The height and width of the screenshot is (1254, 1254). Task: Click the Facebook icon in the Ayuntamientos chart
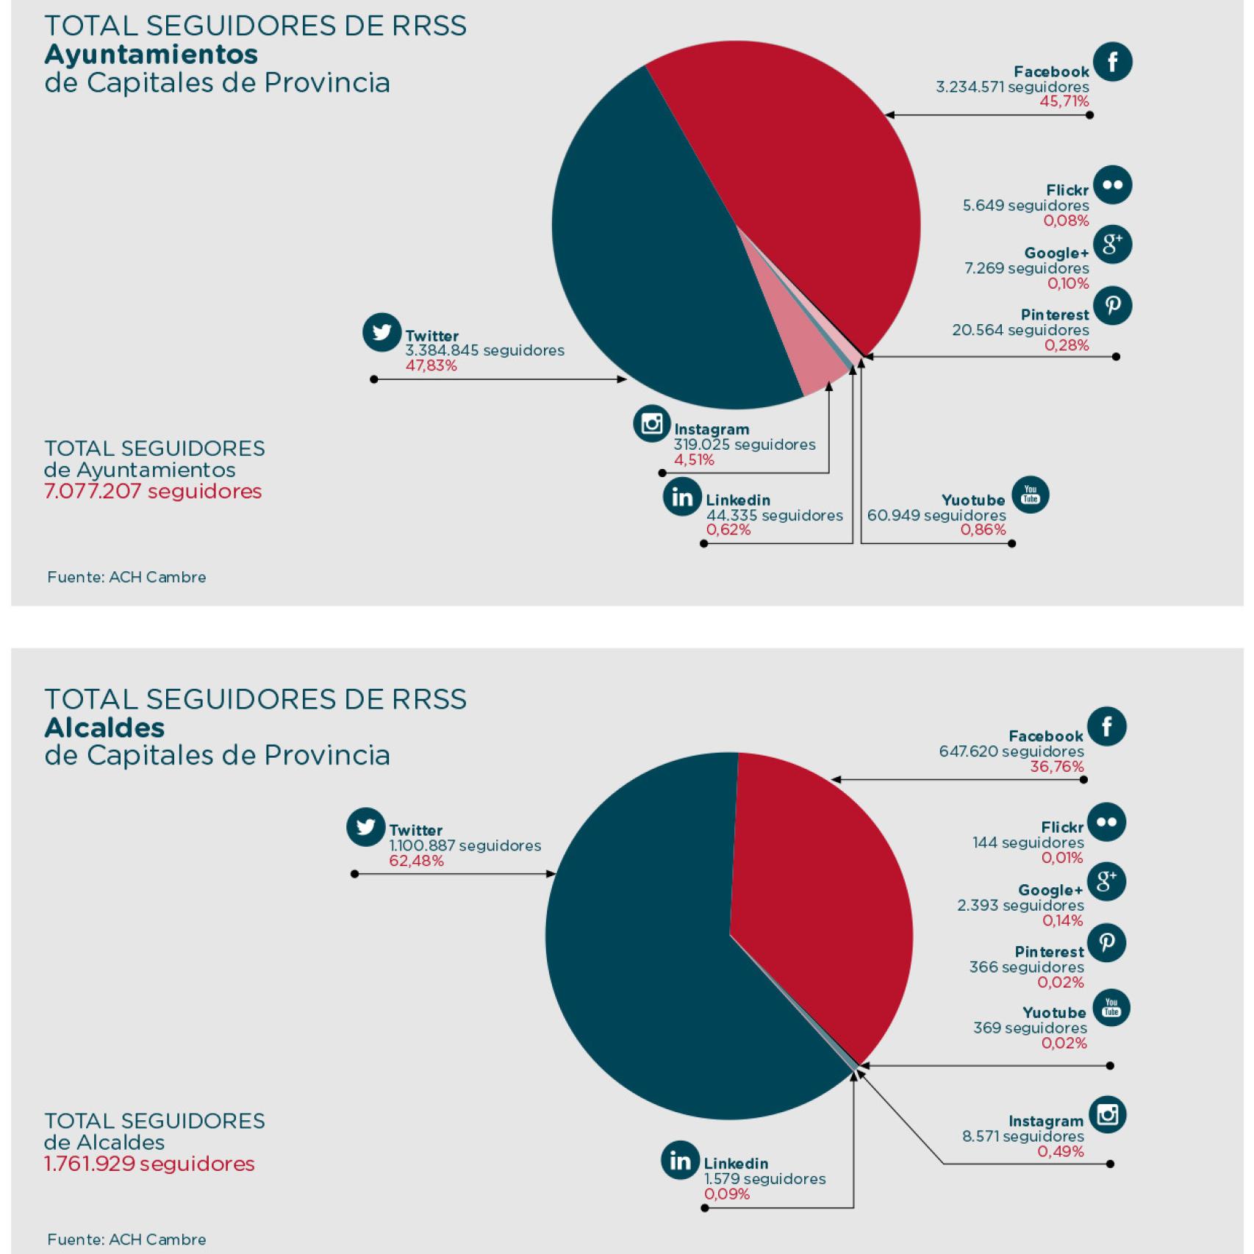click(x=1112, y=62)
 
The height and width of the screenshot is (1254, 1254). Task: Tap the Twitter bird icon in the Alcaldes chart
click(x=366, y=828)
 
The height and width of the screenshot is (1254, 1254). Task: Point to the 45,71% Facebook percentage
click(x=1064, y=101)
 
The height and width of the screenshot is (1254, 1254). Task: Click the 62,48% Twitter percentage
click(x=416, y=861)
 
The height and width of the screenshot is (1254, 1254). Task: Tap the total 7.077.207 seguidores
click(x=153, y=491)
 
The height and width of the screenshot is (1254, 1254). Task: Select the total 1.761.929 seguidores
click(x=149, y=1164)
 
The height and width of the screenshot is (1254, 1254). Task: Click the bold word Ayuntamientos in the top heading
click(x=151, y=54)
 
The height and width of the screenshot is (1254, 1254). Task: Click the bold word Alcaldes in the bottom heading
click(x=104, y=727)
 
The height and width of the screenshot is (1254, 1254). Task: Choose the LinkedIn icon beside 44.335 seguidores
click(x=681, y=497)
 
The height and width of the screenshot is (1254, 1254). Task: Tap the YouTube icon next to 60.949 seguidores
click(x=1030, y=495)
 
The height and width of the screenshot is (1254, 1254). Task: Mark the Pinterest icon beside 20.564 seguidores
click(x=1112, y=305)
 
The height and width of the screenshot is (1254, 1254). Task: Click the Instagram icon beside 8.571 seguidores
click(x=1107, y=1114)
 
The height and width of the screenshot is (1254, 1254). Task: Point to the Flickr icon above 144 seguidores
click(x=1106, y=822)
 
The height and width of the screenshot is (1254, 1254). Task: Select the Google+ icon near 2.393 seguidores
click(x=1106, y=881)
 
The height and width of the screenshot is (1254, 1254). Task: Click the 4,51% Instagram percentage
click(x=694, y=460)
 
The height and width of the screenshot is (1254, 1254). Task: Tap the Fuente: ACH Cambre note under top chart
click(x=126, y=577)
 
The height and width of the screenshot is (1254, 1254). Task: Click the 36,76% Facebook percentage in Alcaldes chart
click(x=1056, y=767)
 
